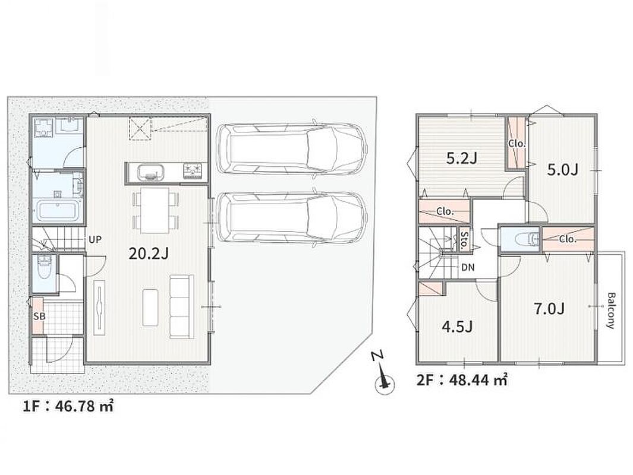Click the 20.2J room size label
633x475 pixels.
click(148, 253)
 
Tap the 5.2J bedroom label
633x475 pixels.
click(462, 159)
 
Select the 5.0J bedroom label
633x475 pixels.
click(562, 170)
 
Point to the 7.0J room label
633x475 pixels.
click(549, 309)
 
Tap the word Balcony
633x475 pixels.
click(610, 311)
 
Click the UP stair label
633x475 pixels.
click(95, 239)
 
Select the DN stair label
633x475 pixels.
click(468, 267)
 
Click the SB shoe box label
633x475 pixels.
click(39, 316)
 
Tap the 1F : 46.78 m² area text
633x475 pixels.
click(68, 406)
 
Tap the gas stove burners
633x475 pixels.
click(194, 170)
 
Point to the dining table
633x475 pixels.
click(155, 210)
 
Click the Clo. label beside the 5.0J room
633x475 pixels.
click(517, 143)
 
